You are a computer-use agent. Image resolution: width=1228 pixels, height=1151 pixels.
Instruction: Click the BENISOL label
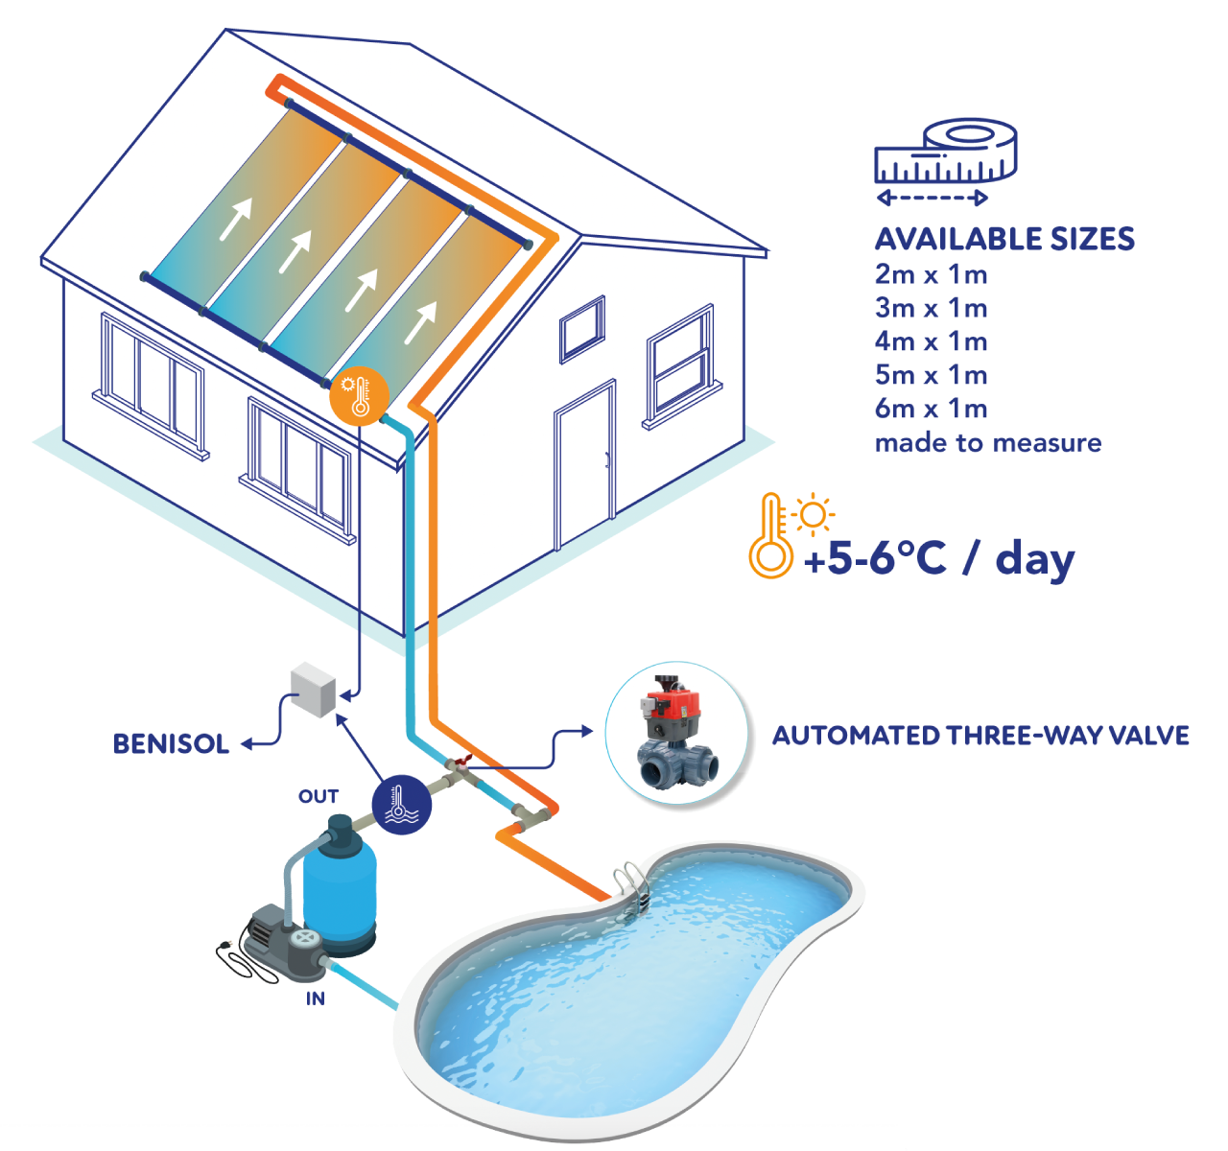coord(171,743)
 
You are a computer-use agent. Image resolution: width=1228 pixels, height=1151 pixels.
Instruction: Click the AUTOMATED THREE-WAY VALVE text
coord(980,736)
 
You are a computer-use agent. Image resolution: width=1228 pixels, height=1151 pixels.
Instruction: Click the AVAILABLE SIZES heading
coord(1004,239)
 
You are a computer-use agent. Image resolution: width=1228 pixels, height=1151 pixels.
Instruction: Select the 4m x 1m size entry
coord(931,341)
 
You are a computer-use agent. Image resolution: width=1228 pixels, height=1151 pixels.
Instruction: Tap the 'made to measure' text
coord(987,443)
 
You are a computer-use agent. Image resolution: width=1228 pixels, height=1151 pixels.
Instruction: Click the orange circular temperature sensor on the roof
coord(357,394)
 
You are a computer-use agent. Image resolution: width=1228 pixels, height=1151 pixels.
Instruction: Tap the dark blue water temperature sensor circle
coord(401,803)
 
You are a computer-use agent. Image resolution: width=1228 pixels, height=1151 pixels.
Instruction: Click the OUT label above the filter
coord(319,796)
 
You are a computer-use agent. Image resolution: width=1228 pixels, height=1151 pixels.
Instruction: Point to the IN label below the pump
coord(315,998)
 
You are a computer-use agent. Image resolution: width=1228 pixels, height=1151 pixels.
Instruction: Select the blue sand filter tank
coord(340,887)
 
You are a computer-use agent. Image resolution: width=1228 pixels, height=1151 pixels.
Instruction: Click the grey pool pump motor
coord(278,945)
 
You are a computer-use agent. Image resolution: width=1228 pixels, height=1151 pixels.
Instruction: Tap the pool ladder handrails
coord(633,887)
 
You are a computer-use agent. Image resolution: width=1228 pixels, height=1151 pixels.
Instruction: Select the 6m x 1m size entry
coord(931,410)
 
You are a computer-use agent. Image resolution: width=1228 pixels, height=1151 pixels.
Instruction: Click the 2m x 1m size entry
coord(931,274)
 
